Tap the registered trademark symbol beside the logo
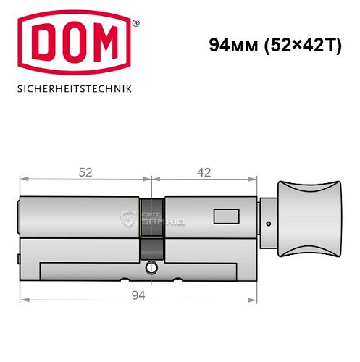click(135, 24)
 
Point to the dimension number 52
click(86, 172)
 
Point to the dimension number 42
click(204, 172)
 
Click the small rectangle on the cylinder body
click(225, 216)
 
